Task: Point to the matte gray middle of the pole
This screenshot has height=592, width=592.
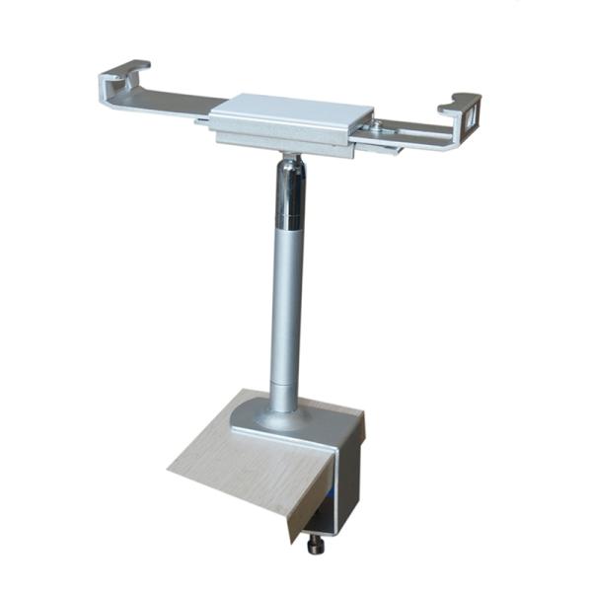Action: point(286,296)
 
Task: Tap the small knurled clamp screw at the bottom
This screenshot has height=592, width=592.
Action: point(316,544)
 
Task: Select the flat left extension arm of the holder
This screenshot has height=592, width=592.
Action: point(178,102)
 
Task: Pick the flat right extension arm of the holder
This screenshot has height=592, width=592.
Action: point(405,131)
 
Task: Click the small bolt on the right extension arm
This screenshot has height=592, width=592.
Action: point(376,126)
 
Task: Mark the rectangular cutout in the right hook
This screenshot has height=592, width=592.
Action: point(471,119)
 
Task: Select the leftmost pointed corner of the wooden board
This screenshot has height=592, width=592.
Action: point(169,467)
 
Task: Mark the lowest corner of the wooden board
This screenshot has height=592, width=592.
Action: point(290,542)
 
